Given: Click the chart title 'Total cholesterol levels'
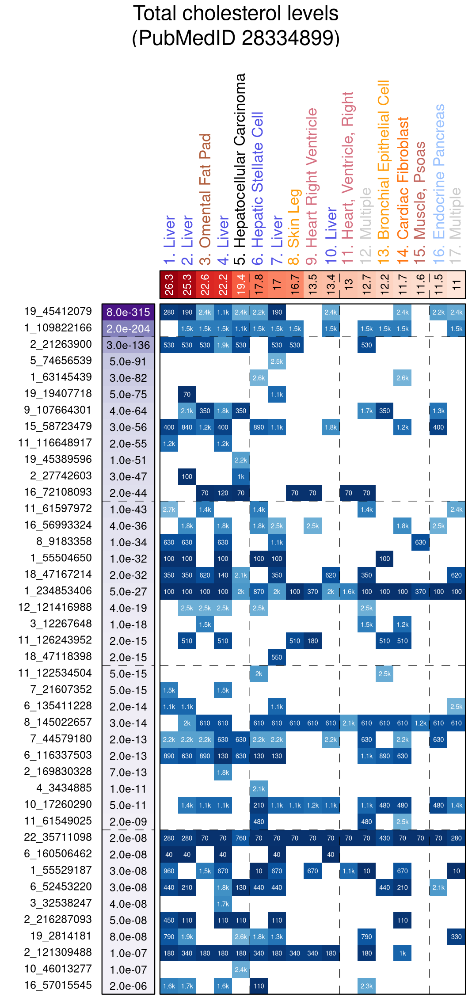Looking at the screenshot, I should (236, 14).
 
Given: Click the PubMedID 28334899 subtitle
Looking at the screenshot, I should (236, 38).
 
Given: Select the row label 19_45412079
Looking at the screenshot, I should (58, 312).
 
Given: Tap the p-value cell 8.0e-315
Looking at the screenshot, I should (128, 312).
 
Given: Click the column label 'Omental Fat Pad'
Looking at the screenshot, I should (205, 190).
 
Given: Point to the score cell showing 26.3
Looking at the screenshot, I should (169, 284).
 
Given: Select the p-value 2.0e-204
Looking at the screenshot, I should (128, 329).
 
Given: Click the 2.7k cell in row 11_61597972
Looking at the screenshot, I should (169, 510).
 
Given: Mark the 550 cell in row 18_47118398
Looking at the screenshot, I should (277, 657).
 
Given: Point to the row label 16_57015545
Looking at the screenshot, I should (58, 985).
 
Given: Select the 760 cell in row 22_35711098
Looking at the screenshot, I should (241, 838).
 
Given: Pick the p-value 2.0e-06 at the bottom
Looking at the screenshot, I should (128, 986).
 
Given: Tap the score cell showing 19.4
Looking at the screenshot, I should (241, 284).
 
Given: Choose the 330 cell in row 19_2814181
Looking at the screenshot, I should (456, 936).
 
